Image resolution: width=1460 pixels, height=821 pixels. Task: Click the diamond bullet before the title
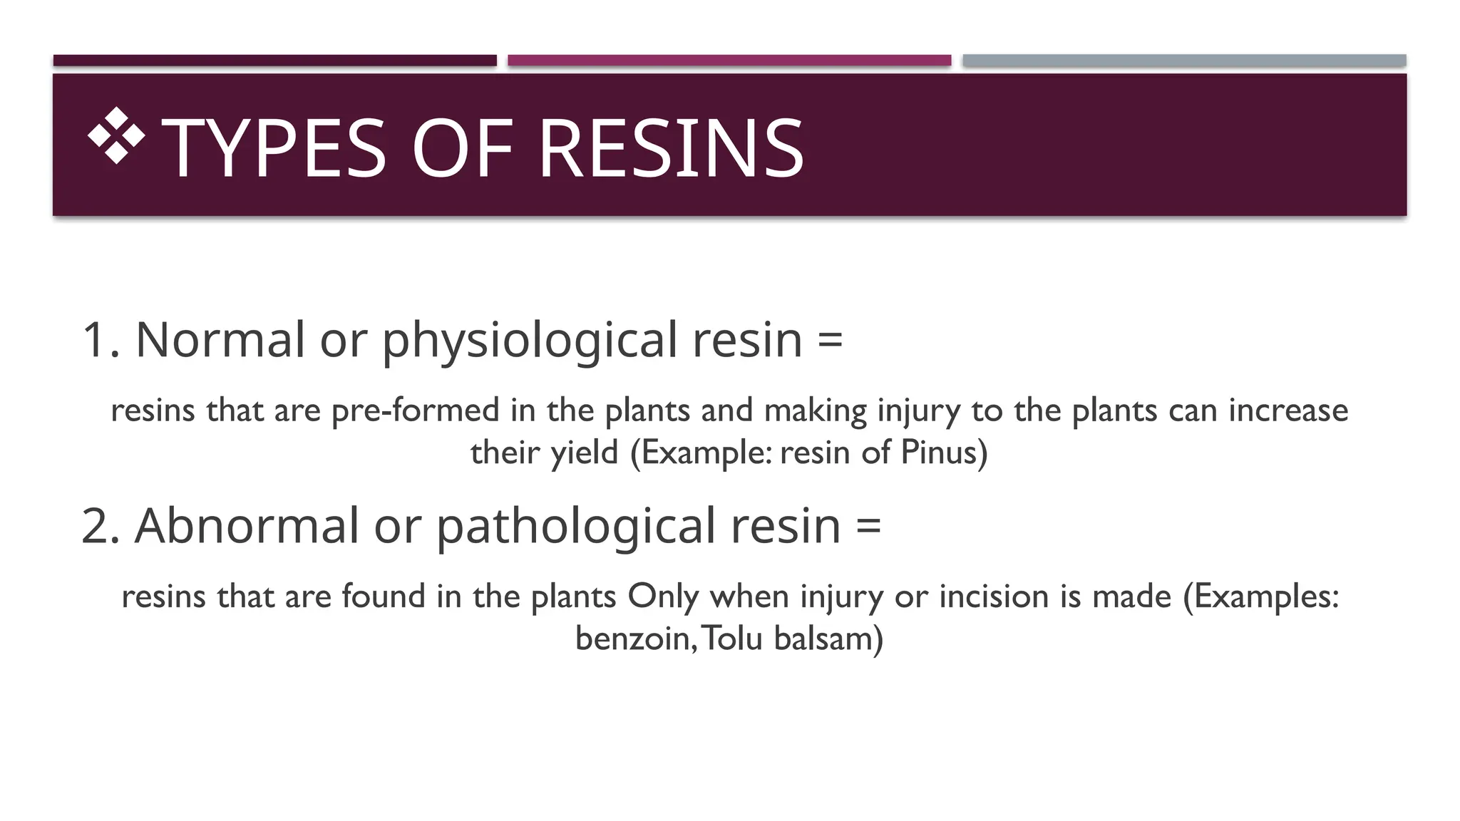[x=116, y=135]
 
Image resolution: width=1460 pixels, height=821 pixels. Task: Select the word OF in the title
[x=462, y=148]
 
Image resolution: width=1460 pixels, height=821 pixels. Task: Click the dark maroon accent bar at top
[x=274, y=61]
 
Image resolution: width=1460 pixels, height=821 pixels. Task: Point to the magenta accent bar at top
[x=729, y=61]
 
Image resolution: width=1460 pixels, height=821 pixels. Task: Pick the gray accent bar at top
[x=1183, y=61]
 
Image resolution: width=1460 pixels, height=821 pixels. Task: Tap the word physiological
[x=529, y=341]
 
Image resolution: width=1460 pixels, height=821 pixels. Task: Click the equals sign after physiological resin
[x=830, y=339]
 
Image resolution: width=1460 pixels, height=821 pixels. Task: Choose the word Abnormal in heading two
[x=247, y=526]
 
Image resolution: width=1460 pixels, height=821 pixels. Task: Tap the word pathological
[x=576, y=527]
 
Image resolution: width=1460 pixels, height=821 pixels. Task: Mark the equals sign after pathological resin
[x=868, y=526]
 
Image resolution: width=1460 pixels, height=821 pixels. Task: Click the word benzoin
[x=632, y=639]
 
